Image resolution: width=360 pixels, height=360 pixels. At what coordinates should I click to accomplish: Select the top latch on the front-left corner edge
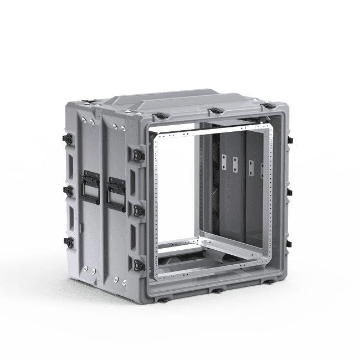click(x=136, y=152)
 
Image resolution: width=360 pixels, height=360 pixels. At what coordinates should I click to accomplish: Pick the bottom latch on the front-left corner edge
click(x=137, y=263)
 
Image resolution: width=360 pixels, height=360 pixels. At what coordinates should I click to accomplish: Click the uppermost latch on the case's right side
click(x=289, y=141)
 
